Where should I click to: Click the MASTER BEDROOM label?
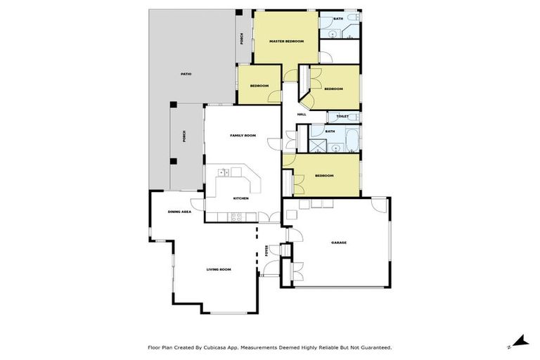click(287, 41)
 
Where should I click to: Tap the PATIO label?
click(186, 74)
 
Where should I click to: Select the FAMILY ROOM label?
click(243, 135)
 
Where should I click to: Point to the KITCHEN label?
click(240, 198)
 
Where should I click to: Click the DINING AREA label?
click(179, 212)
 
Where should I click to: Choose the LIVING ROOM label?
click(219, 269)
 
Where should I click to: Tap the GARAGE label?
click(339, 243)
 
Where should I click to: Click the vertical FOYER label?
click(266, 250)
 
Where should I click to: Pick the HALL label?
click(302, 114)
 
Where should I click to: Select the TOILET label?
click(342, 117)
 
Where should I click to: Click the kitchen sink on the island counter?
click(224, 172)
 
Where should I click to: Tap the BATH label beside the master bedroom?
click(338, 19)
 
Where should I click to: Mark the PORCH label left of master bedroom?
click(242, 39)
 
